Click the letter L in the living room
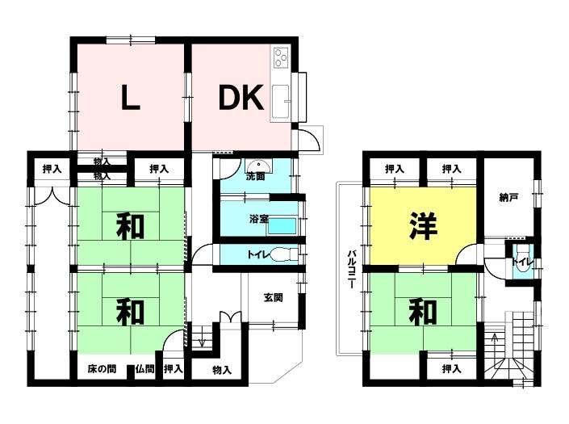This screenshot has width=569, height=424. pos(130,97)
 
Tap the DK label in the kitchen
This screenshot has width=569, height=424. pos(241,97)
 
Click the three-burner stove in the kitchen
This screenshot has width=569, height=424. pos(281,57)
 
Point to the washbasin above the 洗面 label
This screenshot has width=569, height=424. pos(257,166)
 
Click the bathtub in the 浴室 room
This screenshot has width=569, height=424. pos(282,226)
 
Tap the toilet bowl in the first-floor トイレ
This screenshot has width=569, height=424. pos(284,254)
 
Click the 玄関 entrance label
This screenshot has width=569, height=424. pos(273,298)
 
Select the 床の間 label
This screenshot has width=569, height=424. pos(102,369)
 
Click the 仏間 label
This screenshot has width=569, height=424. pos(144,369)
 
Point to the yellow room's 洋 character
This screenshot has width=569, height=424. pos(423,226)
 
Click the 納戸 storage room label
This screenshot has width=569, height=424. pos(508,198)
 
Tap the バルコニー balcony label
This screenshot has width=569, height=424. pos(351,269)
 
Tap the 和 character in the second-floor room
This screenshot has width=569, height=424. pos(423,313)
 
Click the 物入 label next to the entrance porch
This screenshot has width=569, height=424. pos(222,370)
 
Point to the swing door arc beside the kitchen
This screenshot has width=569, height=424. pos(312,140)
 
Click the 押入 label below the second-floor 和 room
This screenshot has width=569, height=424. pos(451,369)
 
